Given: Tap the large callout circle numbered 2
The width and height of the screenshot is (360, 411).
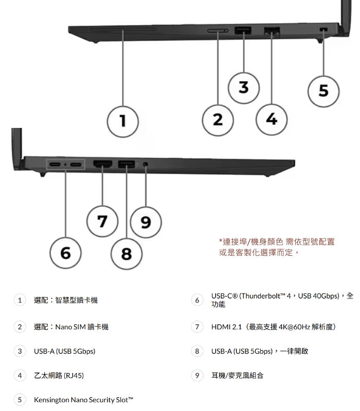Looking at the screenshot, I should coord(218,120).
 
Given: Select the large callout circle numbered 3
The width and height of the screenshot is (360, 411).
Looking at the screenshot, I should coord(243,87).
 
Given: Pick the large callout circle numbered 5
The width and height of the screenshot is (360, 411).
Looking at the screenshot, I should coord(322,91).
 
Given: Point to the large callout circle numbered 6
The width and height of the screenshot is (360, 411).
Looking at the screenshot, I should coord(65,252).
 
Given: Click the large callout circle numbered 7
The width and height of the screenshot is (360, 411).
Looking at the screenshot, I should coord(103,221).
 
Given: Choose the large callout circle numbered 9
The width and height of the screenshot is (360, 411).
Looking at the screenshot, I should coord(146,222).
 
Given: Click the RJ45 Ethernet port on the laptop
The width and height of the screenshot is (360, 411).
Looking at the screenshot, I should coord(271,30).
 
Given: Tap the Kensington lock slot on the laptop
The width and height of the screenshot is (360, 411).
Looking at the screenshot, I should coord(323,30).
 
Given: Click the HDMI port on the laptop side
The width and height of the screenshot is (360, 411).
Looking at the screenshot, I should coord(103,164).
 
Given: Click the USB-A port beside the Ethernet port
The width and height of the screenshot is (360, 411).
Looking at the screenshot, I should coord(242,30).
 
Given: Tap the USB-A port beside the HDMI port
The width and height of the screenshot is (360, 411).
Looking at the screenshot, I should coord(126,164).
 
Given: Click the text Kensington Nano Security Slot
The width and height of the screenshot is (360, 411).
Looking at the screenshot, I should coord(83,399).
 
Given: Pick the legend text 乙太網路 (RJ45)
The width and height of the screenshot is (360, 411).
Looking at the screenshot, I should coord(59,376).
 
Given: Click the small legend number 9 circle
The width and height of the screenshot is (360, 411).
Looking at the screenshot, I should coord(196,376).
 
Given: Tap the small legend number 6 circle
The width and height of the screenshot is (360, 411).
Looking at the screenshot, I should coord(196,300).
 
